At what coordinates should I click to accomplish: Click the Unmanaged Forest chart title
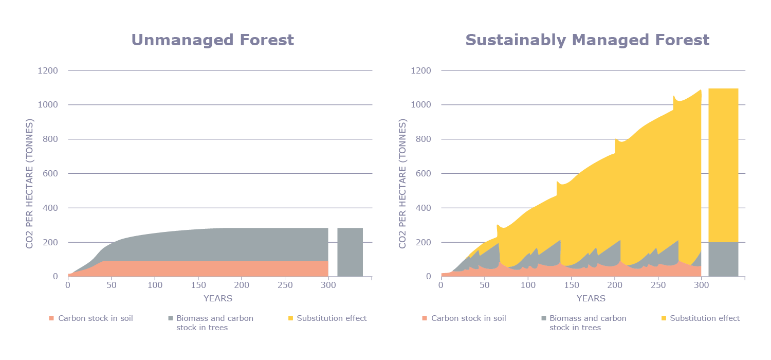point(213,40)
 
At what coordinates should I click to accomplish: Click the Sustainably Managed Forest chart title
point(587,40)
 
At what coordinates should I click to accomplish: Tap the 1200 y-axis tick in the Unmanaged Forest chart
point(48,70)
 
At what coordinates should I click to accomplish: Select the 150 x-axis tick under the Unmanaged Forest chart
point(198,285)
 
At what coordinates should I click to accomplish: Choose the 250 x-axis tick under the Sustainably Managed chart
point(658,285)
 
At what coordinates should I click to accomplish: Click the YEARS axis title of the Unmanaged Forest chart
point(218,298)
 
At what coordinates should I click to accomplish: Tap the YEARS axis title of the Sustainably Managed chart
point(591,298)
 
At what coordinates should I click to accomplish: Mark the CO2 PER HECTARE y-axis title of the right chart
point(403,184)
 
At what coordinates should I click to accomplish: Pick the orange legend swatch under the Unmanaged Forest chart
point(50,318)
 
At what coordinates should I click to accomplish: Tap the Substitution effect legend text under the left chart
point(332,318)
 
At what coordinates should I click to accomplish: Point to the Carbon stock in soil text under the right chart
point(468,318)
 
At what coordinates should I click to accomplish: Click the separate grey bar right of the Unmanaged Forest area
point(350,252)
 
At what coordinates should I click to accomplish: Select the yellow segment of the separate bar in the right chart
point(723,165)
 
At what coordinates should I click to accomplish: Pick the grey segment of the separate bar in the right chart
point(723,259)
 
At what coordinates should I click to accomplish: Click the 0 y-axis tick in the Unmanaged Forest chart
point(55,277)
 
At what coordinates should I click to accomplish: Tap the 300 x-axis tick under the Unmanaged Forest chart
point(328,285)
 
